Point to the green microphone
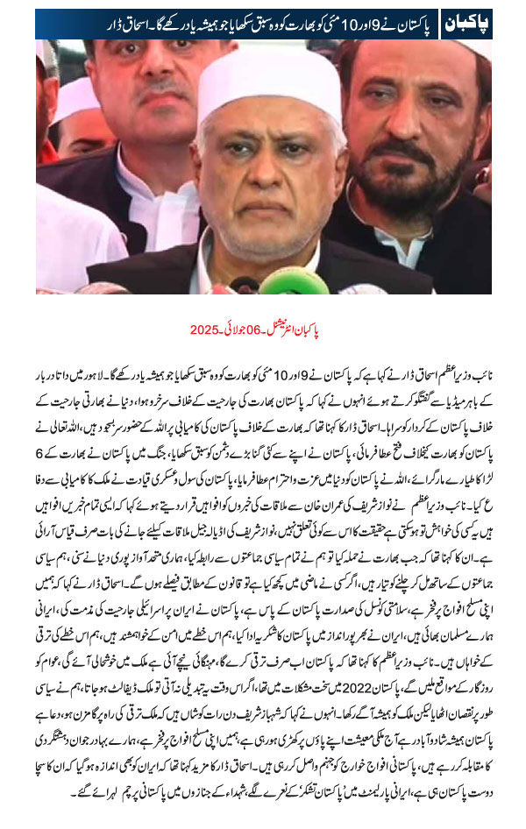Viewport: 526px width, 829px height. point(281,282)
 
